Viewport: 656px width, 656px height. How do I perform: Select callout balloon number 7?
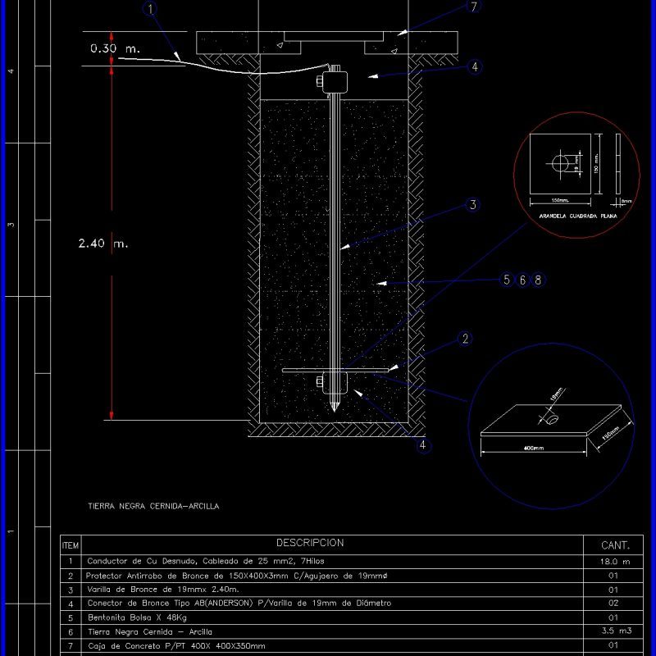473,7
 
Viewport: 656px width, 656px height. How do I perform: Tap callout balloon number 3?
472,205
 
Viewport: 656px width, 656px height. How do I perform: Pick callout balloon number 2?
465,339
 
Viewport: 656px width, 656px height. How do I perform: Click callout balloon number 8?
537,280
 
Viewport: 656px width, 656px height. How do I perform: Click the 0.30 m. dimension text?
115,49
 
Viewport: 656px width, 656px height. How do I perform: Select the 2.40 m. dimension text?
104,244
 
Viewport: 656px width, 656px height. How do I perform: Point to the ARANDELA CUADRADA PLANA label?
576,217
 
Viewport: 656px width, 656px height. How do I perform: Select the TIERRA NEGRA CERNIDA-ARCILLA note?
153,507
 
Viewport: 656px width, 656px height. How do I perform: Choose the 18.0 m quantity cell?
615,562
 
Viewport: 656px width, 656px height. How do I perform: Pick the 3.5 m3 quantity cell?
615,631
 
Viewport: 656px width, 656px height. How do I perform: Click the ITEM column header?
71,545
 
